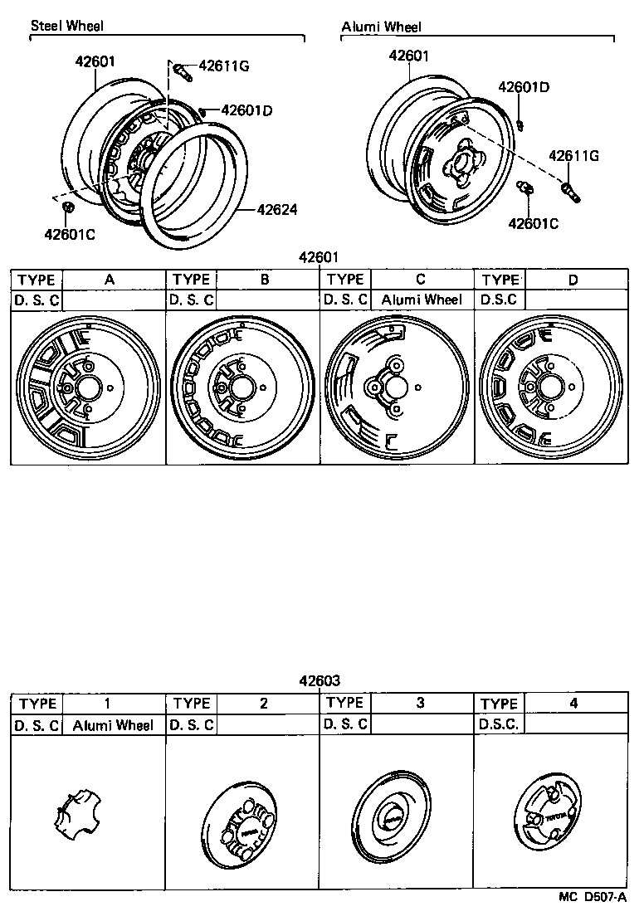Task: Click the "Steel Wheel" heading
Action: (67, 26)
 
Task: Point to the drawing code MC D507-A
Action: (592, 896)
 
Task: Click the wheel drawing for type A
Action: (89, 387)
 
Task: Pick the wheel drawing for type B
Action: (242, 387)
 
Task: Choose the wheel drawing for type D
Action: (550, 387)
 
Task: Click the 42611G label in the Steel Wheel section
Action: (222, 66)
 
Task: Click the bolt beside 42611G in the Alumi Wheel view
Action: (569, 192)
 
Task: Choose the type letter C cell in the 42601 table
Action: (421, 280)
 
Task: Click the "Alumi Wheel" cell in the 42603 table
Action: (113, 725)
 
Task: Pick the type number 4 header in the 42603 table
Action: (574, 704)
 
